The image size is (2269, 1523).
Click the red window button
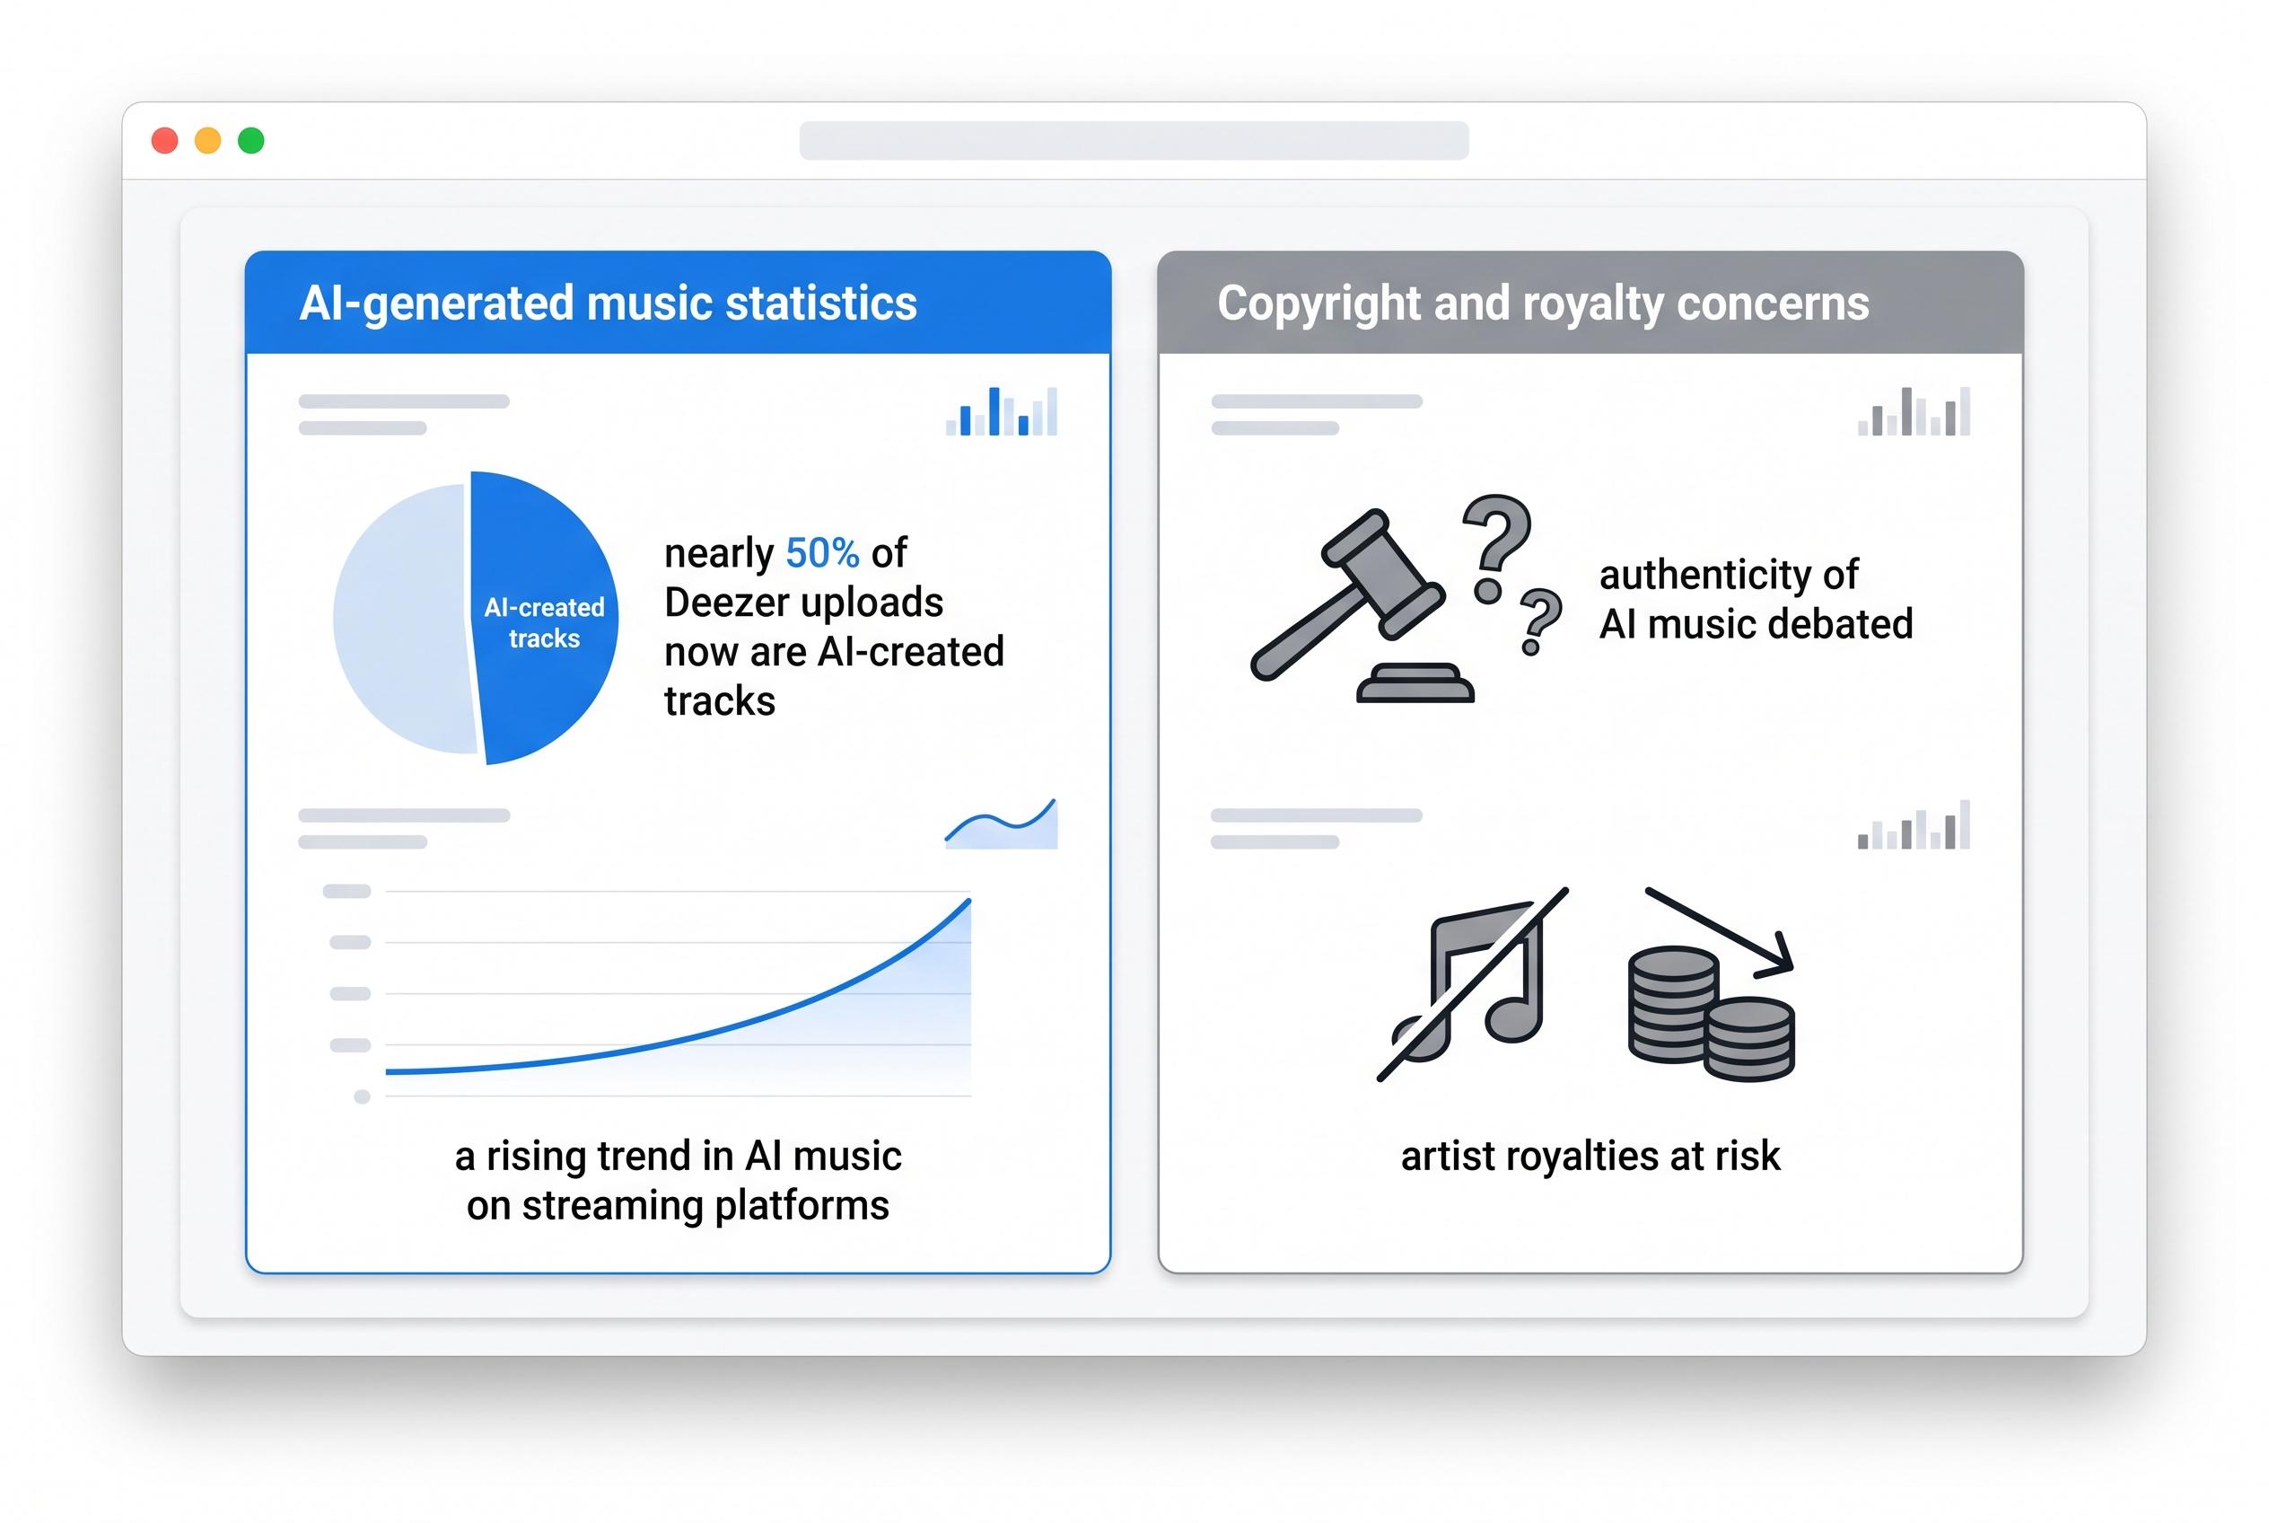tap(165, 141)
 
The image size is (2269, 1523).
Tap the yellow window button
tap(207, 141)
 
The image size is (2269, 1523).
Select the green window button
tap(251, 141)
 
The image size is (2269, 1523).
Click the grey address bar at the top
tap(1133, 141)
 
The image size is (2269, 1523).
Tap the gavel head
tap(1380, 573)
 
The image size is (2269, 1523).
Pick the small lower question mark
tap(1539, 620)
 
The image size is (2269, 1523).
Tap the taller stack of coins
tap(1672, 1005)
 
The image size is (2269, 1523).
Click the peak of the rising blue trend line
tap(968, 902)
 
